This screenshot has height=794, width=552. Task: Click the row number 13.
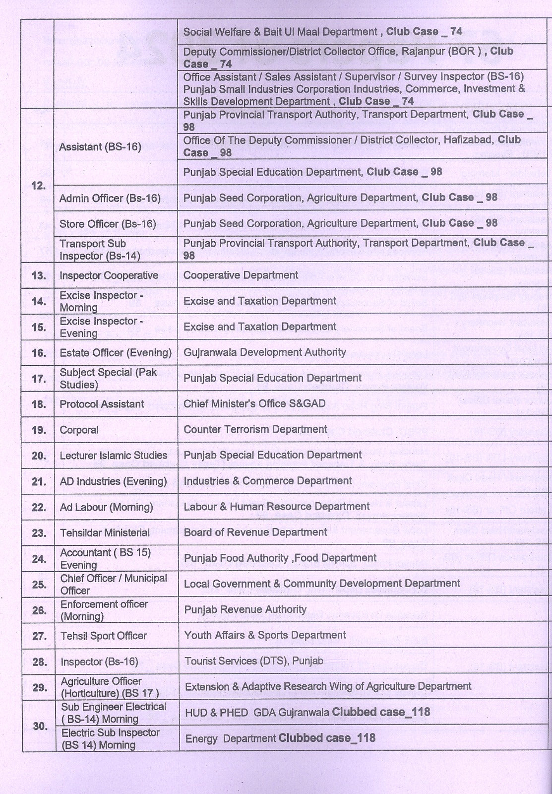pos(39,275)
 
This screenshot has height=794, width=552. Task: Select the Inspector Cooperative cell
pos(109,275)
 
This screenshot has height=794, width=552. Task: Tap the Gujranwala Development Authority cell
pos(264,352)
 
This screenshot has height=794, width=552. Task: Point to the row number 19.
pos(39,430)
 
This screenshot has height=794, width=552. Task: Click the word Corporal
pos(79,430)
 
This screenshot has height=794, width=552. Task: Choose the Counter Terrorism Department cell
pos(255,429)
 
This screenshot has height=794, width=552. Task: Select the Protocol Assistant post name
pos(102,404)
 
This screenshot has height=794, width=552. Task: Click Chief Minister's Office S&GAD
pos(254,403)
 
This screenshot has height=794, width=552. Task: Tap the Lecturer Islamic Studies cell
pos(113,456)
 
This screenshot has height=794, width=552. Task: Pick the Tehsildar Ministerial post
pos(105,533)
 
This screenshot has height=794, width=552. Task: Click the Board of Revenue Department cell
pos(255,532)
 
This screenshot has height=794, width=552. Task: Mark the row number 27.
pos(39,636)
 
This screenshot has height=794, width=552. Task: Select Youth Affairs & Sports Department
pos(265,635)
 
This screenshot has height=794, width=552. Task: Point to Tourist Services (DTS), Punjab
pos(253,661)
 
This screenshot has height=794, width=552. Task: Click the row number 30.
pos(40,726)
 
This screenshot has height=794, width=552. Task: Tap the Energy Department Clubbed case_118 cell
pos(280,738)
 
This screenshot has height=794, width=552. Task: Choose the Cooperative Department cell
pos(241,275)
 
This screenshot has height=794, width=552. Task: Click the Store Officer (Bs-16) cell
pos(108,224)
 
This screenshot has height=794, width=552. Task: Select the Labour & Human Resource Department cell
pos(277,507)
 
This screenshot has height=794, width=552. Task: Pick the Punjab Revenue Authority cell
pos(245,609)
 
